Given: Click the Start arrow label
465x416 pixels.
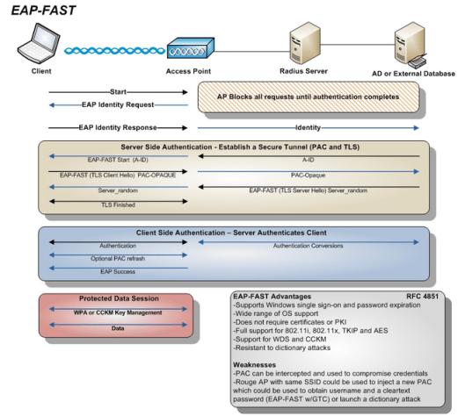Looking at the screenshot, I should pos(118,90).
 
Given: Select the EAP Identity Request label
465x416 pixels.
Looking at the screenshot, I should pos(118,104).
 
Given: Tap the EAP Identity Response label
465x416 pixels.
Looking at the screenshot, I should pos(118,126).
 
